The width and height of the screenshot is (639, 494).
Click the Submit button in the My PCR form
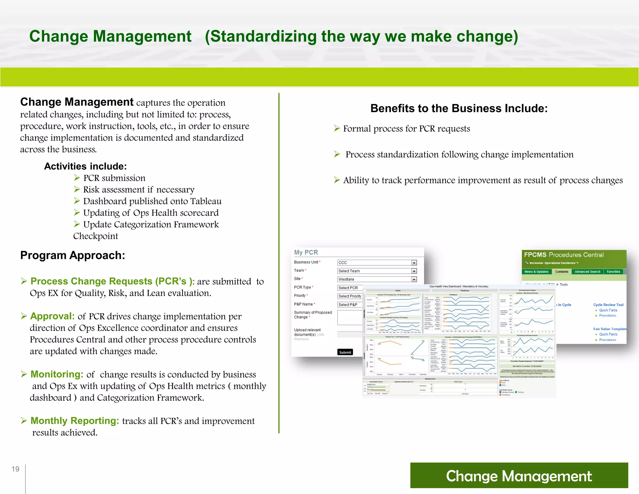[345, 352]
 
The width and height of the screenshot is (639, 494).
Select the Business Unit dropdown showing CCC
[377, 263]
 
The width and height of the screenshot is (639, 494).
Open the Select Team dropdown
[377, 271]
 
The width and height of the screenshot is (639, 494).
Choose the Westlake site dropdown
[377, 279]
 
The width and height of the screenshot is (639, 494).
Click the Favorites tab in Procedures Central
[613, 272]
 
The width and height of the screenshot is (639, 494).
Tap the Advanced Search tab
[587, 272]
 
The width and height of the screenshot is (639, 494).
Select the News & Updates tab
[536, 272]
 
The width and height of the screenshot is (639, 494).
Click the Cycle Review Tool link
[608, 305]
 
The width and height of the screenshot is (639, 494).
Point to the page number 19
[15, 469]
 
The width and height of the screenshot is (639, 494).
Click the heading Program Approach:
[73, 255]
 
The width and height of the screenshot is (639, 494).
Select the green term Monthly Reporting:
[75, 421]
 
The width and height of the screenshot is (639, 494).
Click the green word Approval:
[52, 316]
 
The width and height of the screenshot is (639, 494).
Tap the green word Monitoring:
[57, 374]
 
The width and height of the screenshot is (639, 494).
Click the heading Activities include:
[85, 166]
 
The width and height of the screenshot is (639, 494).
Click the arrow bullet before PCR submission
[77, 178]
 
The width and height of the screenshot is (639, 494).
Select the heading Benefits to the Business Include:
[459, 108]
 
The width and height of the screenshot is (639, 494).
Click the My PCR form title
[306, 252]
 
